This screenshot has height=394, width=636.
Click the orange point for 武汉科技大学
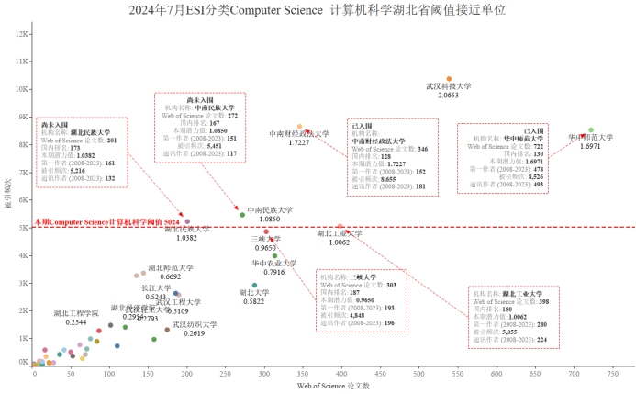tap(449, 79)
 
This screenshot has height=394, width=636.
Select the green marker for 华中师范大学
tap(591, 130)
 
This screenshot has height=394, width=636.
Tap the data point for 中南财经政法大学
tap(299, 127)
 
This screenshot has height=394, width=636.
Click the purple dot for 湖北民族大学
tap(187, 221)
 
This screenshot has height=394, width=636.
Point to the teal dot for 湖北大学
tap(254, 286)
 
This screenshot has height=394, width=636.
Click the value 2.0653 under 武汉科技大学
tap(449, 96)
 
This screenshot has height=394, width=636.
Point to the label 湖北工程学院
tap(76, 313)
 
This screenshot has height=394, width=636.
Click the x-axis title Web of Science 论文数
tap(334, 386)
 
